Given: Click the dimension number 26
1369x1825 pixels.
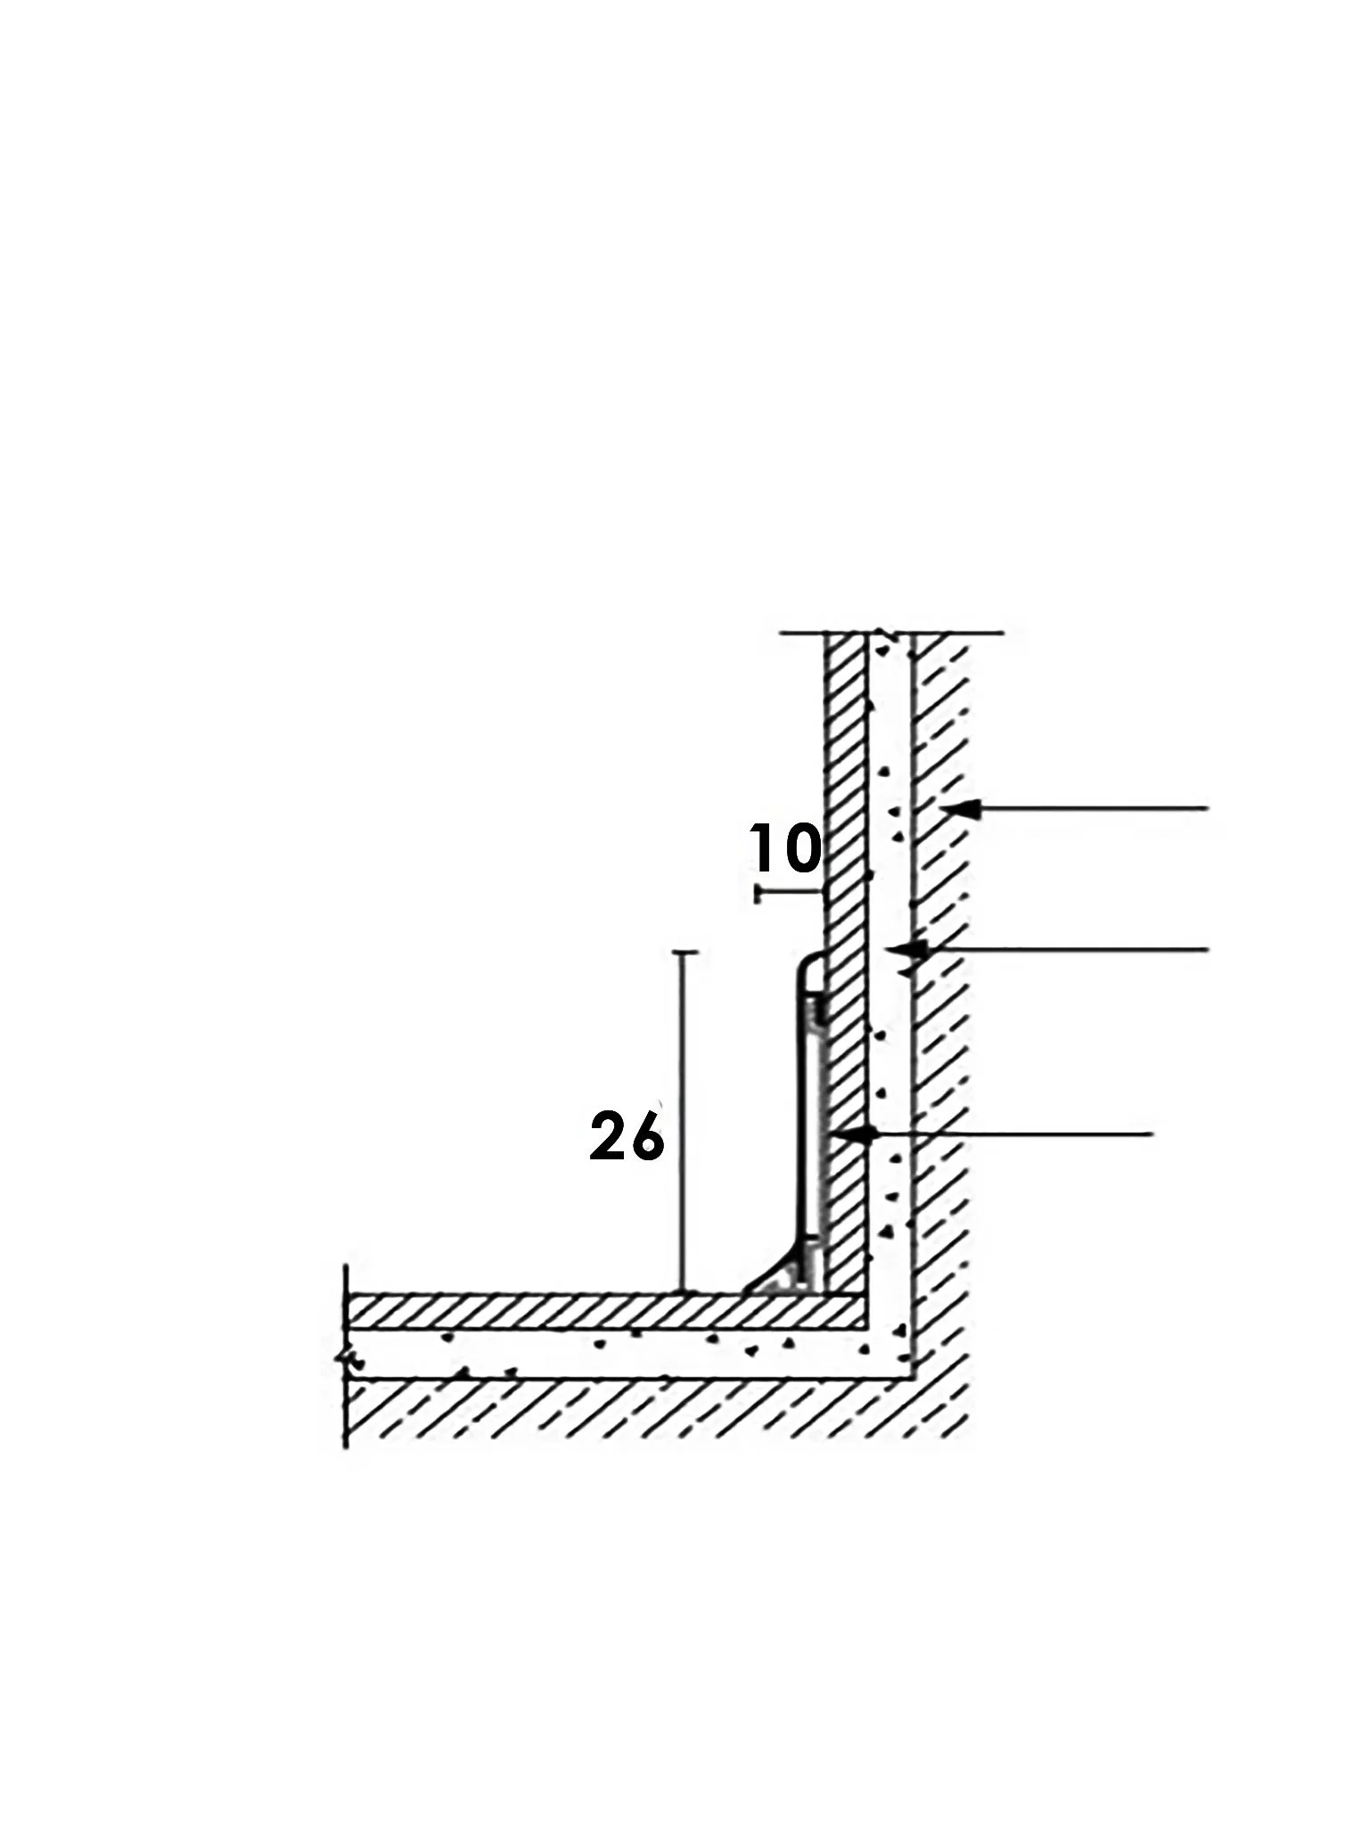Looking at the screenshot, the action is (627, 1135).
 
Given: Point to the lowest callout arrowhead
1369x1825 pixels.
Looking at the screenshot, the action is (857, 1134).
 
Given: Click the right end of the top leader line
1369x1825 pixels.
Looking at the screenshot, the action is (1209, 809).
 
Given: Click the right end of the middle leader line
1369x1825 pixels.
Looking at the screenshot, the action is (1209, 950).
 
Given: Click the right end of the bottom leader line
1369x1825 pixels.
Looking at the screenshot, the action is (1153, 1134).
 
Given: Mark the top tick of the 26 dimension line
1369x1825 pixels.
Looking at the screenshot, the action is (684, 953).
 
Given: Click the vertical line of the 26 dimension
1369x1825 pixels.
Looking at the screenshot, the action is (684, 1122).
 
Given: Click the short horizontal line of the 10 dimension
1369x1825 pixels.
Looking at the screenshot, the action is (788, 891).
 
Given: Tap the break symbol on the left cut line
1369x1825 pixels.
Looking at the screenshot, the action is (346, 1361).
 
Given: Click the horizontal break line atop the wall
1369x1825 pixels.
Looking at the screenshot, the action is (891, 634).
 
